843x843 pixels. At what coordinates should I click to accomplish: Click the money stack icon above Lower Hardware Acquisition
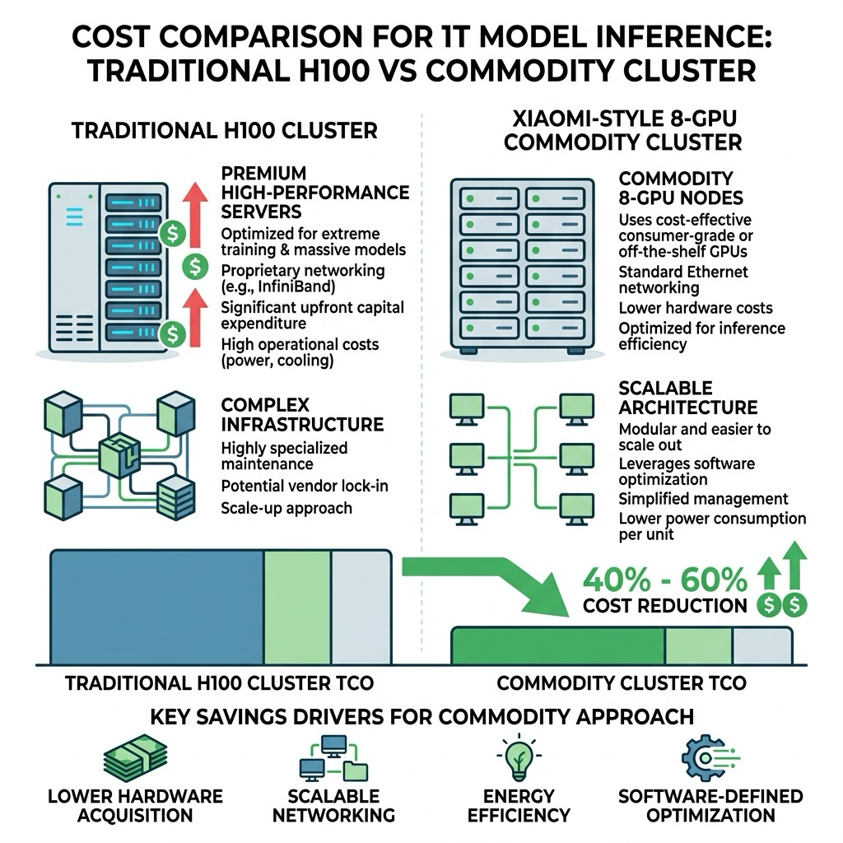136,757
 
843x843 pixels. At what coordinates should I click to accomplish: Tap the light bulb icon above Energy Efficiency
519,757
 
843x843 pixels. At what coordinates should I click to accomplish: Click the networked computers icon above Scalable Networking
333,758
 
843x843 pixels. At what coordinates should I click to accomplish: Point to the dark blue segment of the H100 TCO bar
157,607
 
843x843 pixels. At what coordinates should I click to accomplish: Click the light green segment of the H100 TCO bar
297,607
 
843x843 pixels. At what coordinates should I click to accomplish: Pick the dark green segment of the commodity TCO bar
558,645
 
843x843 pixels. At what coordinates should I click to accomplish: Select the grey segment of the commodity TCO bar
762,645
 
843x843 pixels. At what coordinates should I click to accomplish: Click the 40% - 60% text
665,580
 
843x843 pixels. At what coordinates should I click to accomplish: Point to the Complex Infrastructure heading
302,415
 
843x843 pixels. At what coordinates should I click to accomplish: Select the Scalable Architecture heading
687,398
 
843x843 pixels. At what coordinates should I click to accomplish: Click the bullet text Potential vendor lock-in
305,486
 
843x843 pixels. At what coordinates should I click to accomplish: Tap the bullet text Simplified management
703,499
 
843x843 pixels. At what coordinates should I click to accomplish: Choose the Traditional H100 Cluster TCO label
219,683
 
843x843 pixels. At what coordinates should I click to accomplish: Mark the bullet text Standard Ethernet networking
682,280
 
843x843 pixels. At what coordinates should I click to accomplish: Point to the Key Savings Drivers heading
421,717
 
